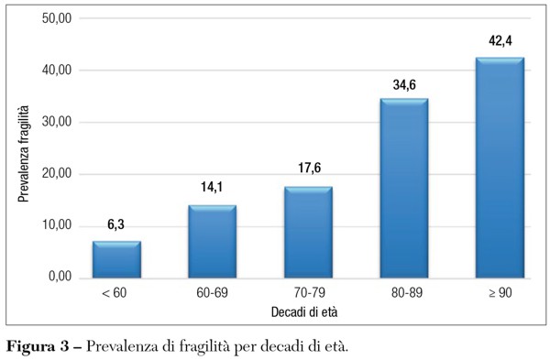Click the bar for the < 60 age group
point(116,259)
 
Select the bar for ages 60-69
point(212,242)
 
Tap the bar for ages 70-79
point(308,233)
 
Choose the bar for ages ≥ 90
point(500,169)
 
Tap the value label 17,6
point(308,169)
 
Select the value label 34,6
point(403,82)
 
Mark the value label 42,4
point(500,41)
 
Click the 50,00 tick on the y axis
point(59,18)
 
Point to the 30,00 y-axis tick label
point(59,122)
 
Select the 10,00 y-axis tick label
point(59,225)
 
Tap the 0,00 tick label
point(61,278)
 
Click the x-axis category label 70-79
point(308,295)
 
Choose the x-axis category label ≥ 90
point(500,295)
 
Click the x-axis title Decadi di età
point(308,312)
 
